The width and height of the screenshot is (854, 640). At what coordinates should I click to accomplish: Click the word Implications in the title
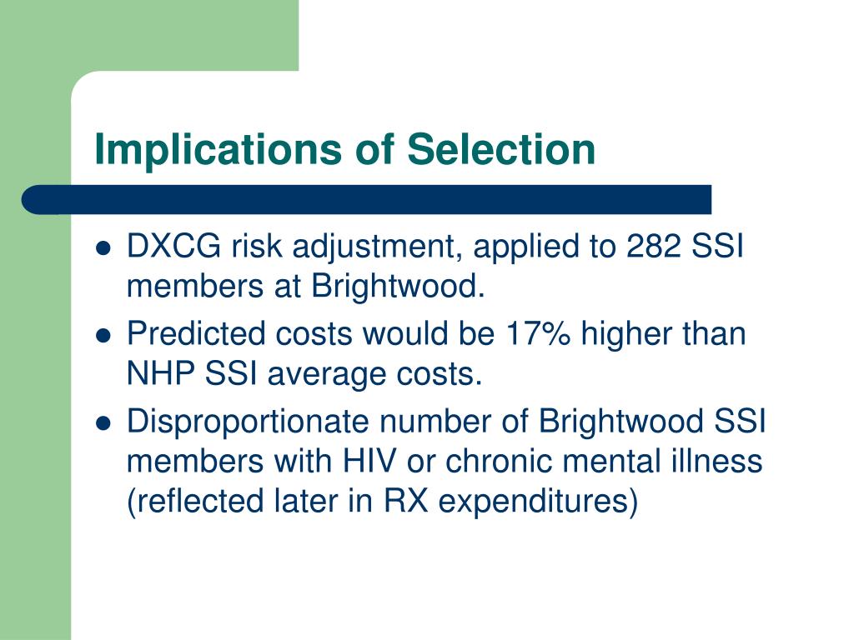point(218,150)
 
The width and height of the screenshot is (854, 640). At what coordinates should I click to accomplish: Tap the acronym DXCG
point(173,246)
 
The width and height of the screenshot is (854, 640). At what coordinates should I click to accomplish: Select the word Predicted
point(196,333)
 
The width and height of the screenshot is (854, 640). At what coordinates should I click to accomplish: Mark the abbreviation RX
point(406,501)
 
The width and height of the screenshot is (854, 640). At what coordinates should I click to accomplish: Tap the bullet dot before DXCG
point(103,248)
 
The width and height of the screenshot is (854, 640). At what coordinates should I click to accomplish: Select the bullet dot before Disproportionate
point(103,423)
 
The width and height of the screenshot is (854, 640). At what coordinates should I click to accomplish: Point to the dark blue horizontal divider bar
point(367,200)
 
